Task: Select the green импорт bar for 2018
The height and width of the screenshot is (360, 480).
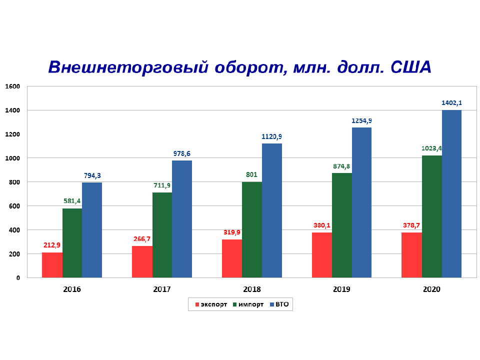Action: pyautogui.click(x=252, y=229)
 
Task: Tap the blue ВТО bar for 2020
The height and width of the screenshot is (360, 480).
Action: pyautogui.click(x=451, y=193)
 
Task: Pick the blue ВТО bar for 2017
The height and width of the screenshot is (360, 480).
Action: pyautogui.click(x=182, y=219)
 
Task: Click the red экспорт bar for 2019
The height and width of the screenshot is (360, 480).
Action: pyautogui.click(x=321, y=255)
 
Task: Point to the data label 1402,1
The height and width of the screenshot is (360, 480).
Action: pyautogui.click(x=451, y=103)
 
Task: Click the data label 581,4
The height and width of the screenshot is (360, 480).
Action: pyautogui.click(x=72, y=201)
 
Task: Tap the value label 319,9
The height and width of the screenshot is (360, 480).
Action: pyautogui.click(x=232, y=232)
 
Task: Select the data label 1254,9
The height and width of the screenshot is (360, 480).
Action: pyautogui.click(x=361, y=120)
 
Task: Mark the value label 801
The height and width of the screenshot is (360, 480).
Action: pyautogui.click(x=252, y=174)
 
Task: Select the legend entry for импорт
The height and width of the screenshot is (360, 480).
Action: pyautogui.click(x=247, y=304)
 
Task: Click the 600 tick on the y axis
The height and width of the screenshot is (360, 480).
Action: pyautogui.click(x=14, y=206)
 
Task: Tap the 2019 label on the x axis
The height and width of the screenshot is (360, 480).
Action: pyautogui.click(x=342, y=289)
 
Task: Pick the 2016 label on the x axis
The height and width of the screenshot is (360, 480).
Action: pyautogui.click(x=72, y=289)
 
